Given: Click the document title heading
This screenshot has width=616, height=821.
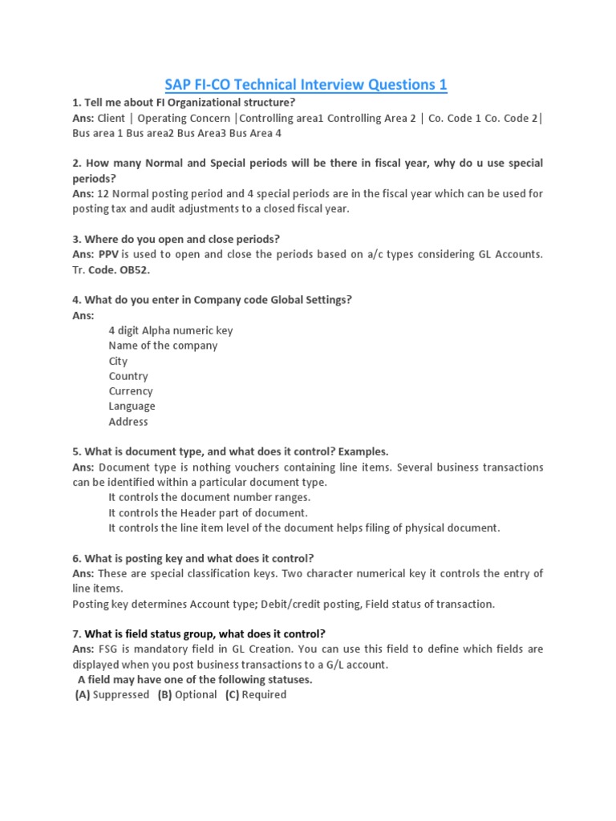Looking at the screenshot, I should [x=306, y=84].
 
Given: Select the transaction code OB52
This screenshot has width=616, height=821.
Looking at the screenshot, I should [x=135, y=269].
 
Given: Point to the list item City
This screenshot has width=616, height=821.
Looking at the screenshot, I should [x=118, y=361].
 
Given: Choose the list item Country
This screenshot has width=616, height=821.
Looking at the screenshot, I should [x=128, y=376].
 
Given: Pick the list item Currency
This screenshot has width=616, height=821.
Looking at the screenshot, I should [x=131, y=391].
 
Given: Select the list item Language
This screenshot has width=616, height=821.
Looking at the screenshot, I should [x=132, y=406].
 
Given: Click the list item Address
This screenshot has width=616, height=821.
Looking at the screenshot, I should [x=128, y=422].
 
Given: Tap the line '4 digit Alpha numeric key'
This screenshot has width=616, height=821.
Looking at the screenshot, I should [x=171, y=330].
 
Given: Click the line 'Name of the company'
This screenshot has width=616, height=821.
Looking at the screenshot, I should [x=163, y=346].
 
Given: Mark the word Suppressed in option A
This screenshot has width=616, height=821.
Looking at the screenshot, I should [x=121, y=694].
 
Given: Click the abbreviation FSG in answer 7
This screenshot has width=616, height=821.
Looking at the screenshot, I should [x=109, y=649].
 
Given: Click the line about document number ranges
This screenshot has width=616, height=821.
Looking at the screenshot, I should [x=209, y=497].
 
